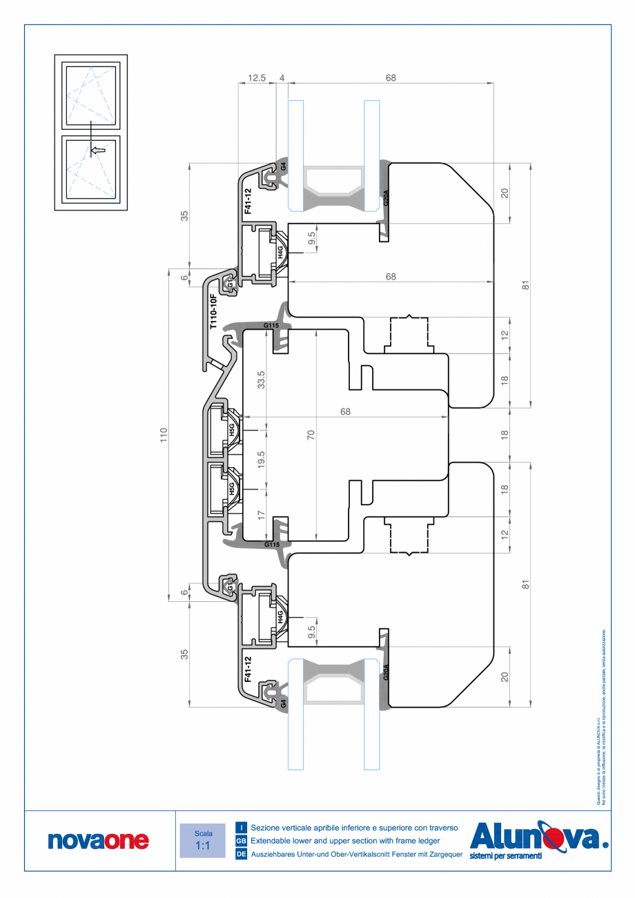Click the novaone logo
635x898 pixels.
(98, 840)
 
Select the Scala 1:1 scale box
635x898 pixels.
(202, 840)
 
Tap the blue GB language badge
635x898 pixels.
(241, 841)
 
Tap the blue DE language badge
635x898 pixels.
(241, 855)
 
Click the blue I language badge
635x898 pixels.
(241, 827)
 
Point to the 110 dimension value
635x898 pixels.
(164, 435)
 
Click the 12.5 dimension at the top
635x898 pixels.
(257, 78)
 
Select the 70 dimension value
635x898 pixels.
(311, 435)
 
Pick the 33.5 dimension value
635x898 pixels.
(261, 379)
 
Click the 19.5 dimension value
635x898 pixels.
(261, 460)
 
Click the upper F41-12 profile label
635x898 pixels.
(248, 201)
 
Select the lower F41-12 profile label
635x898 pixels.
(248, 670)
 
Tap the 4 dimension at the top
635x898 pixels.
(282, 78)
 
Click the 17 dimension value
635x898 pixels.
(261, 514)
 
